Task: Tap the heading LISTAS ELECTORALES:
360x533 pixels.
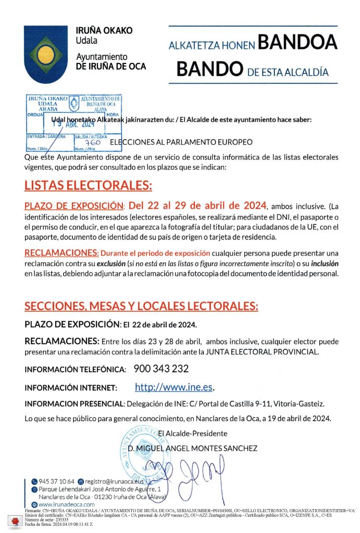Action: pyautogui.click(x=88, y=186)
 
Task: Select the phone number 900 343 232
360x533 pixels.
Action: pyautogui.click(x=161, y=369)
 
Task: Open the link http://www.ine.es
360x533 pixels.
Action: pyautogui.click(x=174, y=387)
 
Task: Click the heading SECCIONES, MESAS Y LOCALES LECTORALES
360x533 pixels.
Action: pyautogui.click(x=141, y=306)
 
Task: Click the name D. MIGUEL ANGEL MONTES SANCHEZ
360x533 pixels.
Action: pyautogui.click(x=192, y=448)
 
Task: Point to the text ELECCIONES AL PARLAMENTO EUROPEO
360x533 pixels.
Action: pyautogui.click(x=181, y=142)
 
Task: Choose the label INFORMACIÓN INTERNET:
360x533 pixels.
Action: pyautogui.click(x=71, y=388)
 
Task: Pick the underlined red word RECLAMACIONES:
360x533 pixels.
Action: pyautogui.click(x=61, y=253)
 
